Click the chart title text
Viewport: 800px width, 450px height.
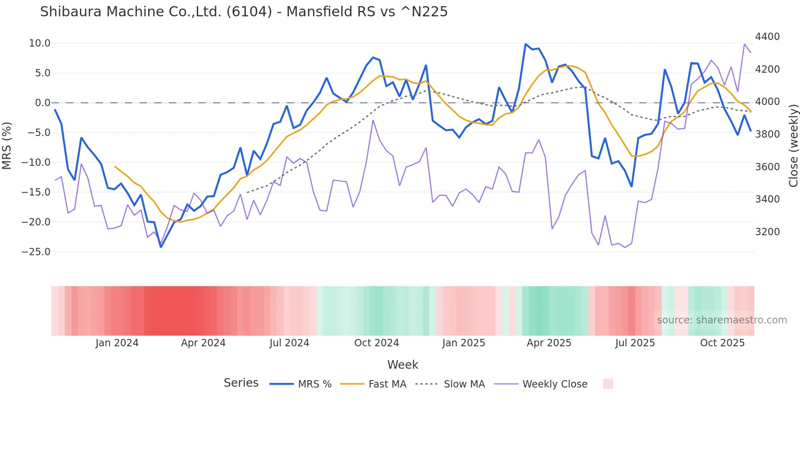click(244, 12)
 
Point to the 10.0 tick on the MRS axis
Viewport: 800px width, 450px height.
click(40, 43)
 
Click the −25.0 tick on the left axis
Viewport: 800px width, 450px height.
click(36, 252)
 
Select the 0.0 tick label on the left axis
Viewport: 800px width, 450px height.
click(42, 103)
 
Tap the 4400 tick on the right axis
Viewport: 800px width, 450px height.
click(767, 37)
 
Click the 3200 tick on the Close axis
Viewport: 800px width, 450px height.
click(767, 232)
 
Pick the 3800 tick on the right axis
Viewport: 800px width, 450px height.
click(767, 134)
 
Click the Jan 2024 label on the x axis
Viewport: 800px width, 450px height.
click(117, 343)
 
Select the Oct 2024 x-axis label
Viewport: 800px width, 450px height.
click(376, 343)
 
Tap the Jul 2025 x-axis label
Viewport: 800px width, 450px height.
click(635, 343)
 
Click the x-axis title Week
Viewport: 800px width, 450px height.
click(402, 365)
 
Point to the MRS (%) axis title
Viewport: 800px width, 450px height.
click(7, 145)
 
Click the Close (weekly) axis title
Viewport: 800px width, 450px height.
click(793, 145)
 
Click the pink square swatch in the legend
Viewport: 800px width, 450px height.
click(608, 384)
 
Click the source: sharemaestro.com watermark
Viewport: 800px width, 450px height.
click(722, 320)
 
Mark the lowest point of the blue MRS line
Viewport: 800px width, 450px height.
click(161, 247)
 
